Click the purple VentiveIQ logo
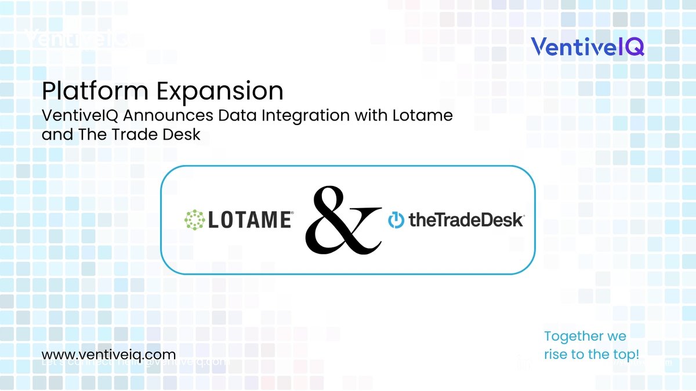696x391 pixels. click(x=587, y=46)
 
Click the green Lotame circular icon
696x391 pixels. click(x=195, y=220)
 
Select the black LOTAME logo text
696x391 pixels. click(x=249, y=220)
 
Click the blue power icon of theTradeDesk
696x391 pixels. click(x=396, y=221)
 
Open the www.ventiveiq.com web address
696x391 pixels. click(x=108, y=354)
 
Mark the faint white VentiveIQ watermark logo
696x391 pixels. click(x=75, y=39)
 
